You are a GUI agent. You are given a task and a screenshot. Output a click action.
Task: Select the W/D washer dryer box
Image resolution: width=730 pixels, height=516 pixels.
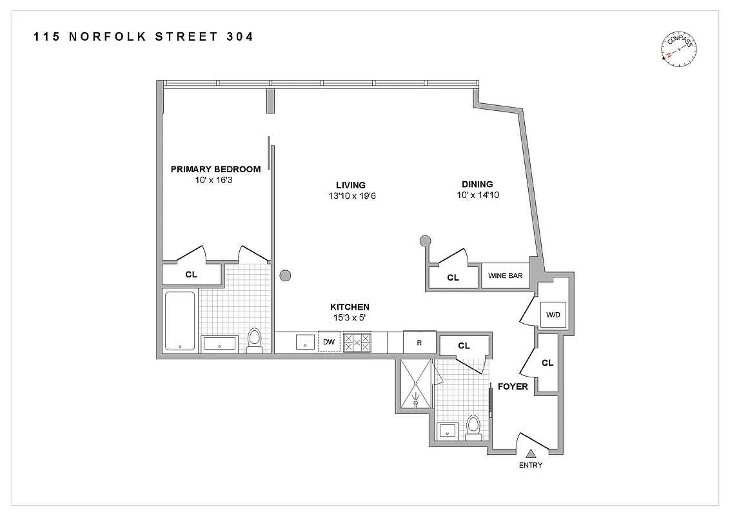tap(552, 315)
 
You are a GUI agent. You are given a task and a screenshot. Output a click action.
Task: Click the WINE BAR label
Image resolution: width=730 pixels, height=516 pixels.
tap(506, 276)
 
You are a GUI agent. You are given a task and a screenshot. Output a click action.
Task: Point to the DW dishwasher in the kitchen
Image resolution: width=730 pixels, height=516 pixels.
tap(329, 342)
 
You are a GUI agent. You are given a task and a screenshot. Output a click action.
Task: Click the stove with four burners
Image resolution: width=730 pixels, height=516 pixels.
tap(357, 342)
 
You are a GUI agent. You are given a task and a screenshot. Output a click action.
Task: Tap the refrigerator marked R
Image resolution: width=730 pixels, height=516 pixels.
tap(419, 342)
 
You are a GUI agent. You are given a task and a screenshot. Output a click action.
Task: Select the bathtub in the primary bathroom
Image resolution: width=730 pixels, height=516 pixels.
tap(180, 321)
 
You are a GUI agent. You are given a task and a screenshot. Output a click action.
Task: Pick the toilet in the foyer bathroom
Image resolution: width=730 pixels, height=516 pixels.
tap(474, 427)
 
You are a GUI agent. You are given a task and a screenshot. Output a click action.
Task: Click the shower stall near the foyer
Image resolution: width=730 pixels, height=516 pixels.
tap(416, 384)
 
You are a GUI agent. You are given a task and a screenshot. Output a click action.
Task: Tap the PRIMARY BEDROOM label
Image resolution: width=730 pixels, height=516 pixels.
tap(215, 169)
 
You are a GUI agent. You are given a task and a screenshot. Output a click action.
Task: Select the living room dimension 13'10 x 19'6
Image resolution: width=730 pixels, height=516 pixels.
tap(351, 195)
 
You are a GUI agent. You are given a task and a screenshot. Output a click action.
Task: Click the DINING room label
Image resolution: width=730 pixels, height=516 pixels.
tap(477, 184)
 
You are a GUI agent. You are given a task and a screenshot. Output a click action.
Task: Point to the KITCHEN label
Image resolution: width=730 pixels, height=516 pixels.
tap(350, 307)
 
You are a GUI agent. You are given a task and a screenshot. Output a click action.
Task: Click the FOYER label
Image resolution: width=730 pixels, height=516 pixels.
tap(513, 387)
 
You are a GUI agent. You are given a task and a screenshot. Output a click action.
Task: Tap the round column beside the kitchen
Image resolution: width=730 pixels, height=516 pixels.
tap(286, 276)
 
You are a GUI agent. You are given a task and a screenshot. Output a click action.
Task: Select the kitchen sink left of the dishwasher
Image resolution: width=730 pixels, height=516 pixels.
tap(304, 342)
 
